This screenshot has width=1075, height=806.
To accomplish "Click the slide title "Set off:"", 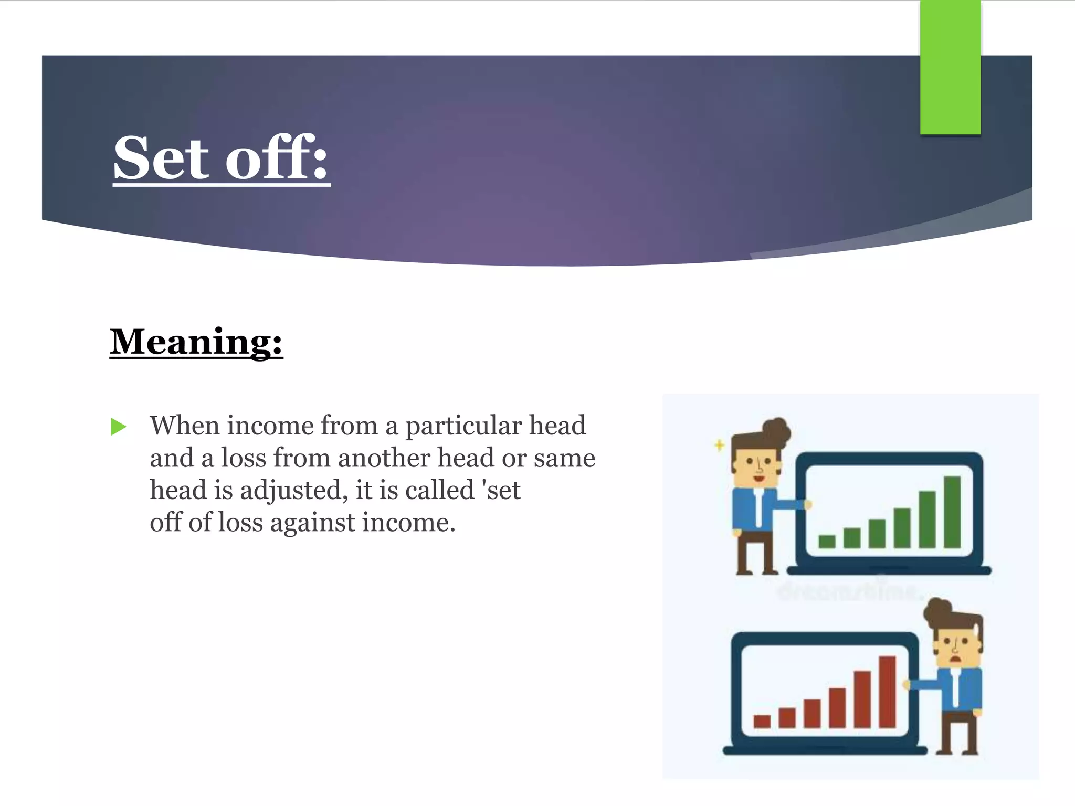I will (x=221, y=157).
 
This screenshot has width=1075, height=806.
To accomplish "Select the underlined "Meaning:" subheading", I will (x=196, y=342).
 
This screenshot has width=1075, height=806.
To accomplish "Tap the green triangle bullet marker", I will (x=119, y=427).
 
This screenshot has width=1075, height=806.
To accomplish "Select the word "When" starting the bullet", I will (x=184, y=426).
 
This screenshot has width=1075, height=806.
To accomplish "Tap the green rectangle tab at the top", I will (x=950, y=67).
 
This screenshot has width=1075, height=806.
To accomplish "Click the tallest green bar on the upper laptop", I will (x=952, y=512).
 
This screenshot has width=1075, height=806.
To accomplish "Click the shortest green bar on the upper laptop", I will (x=827, y=541).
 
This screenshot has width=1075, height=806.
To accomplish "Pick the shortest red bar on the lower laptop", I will (x=762, y=721).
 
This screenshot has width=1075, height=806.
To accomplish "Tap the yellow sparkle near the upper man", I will (x=720, y=446).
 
